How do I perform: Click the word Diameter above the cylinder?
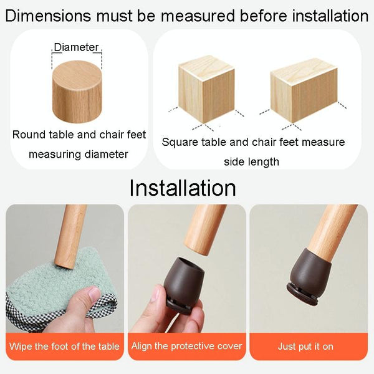tap(76, 47)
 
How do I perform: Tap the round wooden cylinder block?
tap(77, 92)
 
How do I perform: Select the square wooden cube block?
tap(206, 89)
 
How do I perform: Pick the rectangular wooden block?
tap(304, 90)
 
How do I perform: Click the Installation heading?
tap(183, 188)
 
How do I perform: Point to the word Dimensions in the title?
tap(48, 16)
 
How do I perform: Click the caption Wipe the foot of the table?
tap(64, 346)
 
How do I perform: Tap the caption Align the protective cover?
tap(187, 346)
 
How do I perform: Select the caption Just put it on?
tap(305, 347)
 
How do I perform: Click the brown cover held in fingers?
tap(184, 284)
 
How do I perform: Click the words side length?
tap(251, 162)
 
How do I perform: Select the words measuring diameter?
tap(79, 155)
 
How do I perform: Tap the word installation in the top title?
tap(330, 16)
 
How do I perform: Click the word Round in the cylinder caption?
tap(29, 135)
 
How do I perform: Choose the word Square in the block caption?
tap(180, 142)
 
